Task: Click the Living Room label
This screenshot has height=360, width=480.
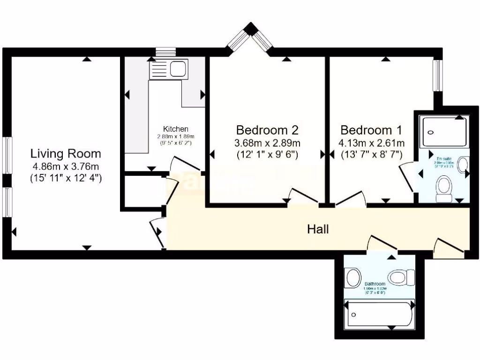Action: click(x=66, y=153)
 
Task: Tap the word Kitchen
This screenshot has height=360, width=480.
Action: click(x=175, y=129)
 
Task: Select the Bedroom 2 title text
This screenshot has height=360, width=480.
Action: click(x=267, y=130)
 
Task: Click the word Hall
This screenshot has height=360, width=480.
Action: click(x=318, y=229)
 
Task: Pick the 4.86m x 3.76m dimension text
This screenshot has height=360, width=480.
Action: click(x=66, y=166)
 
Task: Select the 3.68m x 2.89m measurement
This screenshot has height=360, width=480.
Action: click(x=267, y=142)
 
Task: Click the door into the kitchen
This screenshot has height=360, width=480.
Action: click(x=186, y=164)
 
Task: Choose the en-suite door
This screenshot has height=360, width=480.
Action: click(x=406, y=177)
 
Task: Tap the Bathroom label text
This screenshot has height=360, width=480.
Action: click(x=375, y=284)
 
